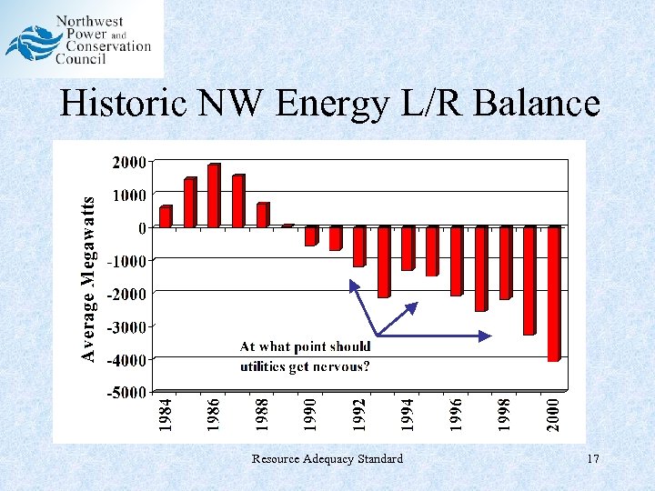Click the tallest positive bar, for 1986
click(x=214, y=195)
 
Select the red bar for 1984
click(x=166, y=216)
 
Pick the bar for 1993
click(x=383, y=262)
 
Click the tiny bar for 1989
click(x=287, y=225)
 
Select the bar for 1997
click(x=480, y=269)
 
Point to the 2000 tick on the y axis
click(x=128, y=162)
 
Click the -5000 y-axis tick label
click(x=125, y=393)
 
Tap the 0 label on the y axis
click(x=141, y=227)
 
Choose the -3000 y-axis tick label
click(x=125, y=326)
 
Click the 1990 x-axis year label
click(x=310, y=413)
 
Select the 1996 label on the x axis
click(x=457, y=413)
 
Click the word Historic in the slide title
click(x=118, y=104)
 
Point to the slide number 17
click(x=593, y=459)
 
